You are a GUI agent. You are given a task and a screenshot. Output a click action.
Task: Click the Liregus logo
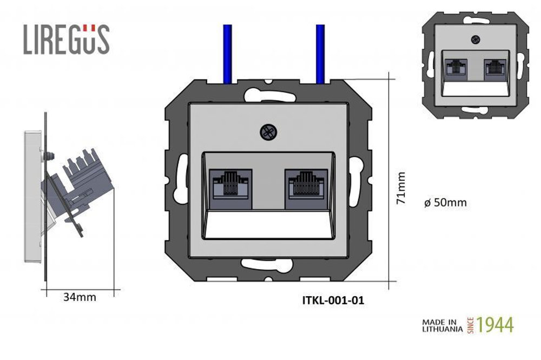(x=67, y=39)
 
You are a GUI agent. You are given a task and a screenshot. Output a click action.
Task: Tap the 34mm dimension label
(x=80, y=297)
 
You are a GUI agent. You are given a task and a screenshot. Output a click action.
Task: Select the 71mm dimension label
(x=401, y=188)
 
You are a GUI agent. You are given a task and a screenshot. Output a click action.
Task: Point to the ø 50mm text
(x=445, y=202)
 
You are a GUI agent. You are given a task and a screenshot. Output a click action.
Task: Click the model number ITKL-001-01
(x=333, y=301)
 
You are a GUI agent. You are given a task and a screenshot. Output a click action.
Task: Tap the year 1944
(x=495, y=325)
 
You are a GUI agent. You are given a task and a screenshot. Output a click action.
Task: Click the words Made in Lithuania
(x=443, y=325)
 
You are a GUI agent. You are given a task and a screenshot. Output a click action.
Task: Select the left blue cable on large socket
(x=227, y=54)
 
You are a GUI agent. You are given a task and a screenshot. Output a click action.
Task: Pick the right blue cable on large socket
(x=320, y=54)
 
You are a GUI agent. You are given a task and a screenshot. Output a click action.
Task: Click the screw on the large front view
(x=268, y=132)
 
